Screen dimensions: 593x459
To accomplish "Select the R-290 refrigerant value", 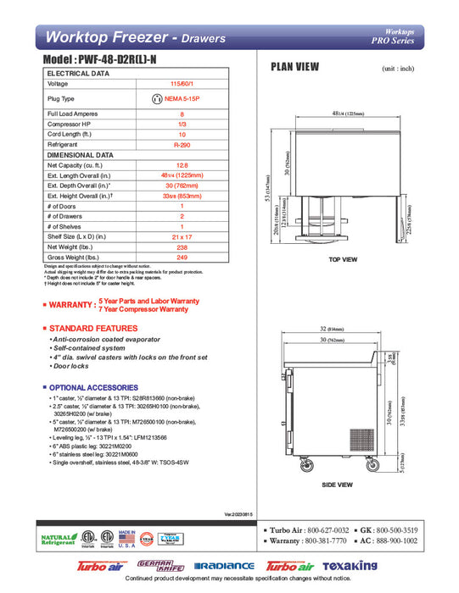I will (182, 145).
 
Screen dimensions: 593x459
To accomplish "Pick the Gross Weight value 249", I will (182, 257).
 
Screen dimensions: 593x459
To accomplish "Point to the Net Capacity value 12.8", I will (182, 165).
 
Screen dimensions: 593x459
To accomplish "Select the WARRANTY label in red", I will (71, 305).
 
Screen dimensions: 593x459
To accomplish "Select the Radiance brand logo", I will (224, 565).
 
